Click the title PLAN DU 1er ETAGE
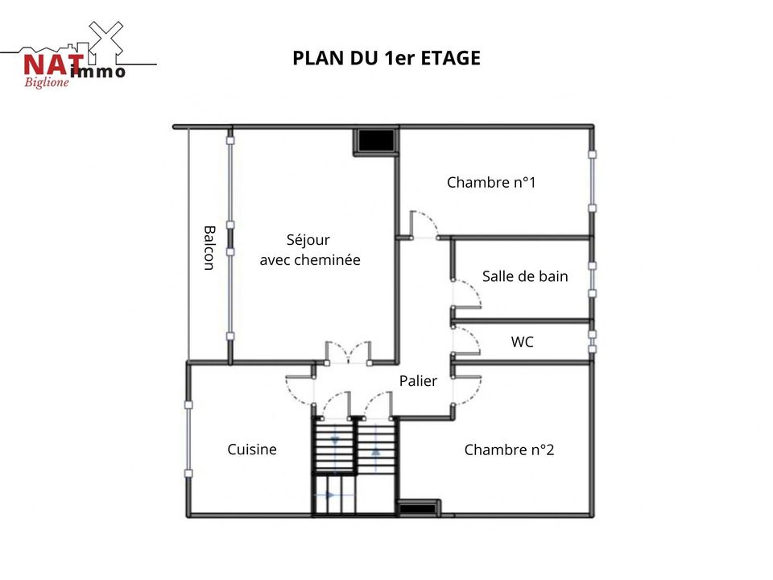pyautogui.click(x=386, y=58)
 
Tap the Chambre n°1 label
pyautogui.click(x=491, y=182)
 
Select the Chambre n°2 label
pyautogui.click(x=509, y=449)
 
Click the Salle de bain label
pyautogui.click(x=525, y=276)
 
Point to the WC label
pyautogui.click(x=522, y=342)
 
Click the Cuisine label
pyautogui.click(x=252, y=449)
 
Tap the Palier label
pyautogui.click(x=418, y=381)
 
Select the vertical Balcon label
pyautogui.click(x=209, y=248)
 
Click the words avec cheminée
pyautogui.click(x=310, y=260)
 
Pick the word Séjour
pyautogui.click(x=308, y=240)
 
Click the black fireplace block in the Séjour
pyautogui.click(x=376, y=141)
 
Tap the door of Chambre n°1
pyautogui.click(x=424, y=225)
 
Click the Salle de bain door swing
pyautogui.click(x=466, y=294)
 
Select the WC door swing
pyautogui.click(x=466, y=340)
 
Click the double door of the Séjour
pyautogui.click(x=348, y=353)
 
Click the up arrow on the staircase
pyautogui.click(x=376, y=451)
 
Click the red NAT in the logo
pyautogui.click(x=53, y=65)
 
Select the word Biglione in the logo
pyautogui.click(x=47, y=82)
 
